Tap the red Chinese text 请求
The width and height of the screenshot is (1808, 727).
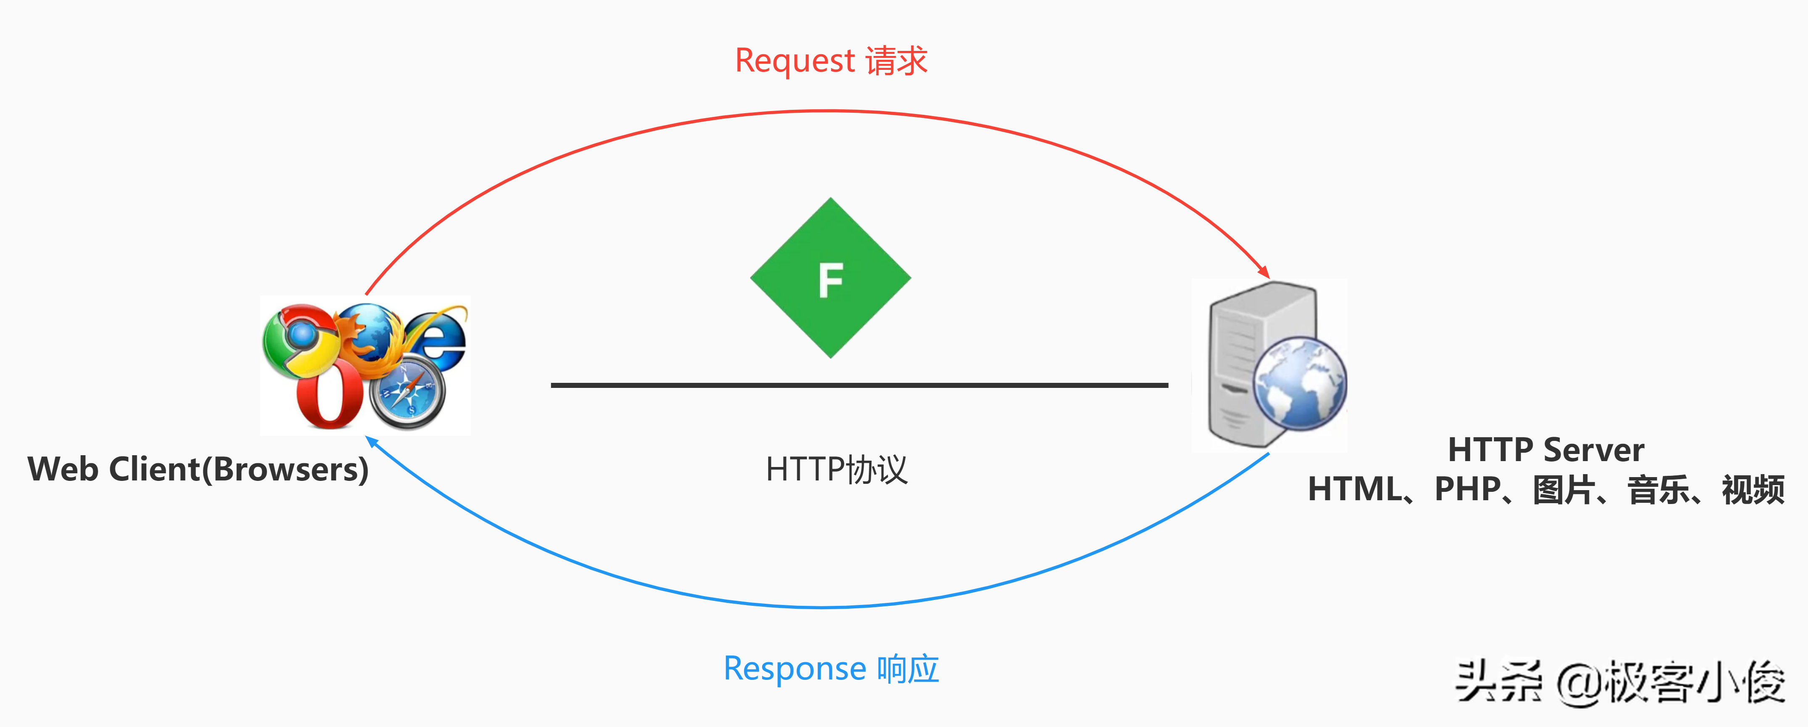[896, 61]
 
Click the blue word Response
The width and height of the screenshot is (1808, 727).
[794, 669]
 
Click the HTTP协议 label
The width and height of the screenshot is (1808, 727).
[836, 469]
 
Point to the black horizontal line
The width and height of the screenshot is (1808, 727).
[859, 385]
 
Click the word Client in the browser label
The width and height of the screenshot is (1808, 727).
[154, 469]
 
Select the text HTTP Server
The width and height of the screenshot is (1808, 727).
[1546, 450]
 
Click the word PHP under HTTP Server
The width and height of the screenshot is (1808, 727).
[1467, 489]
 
